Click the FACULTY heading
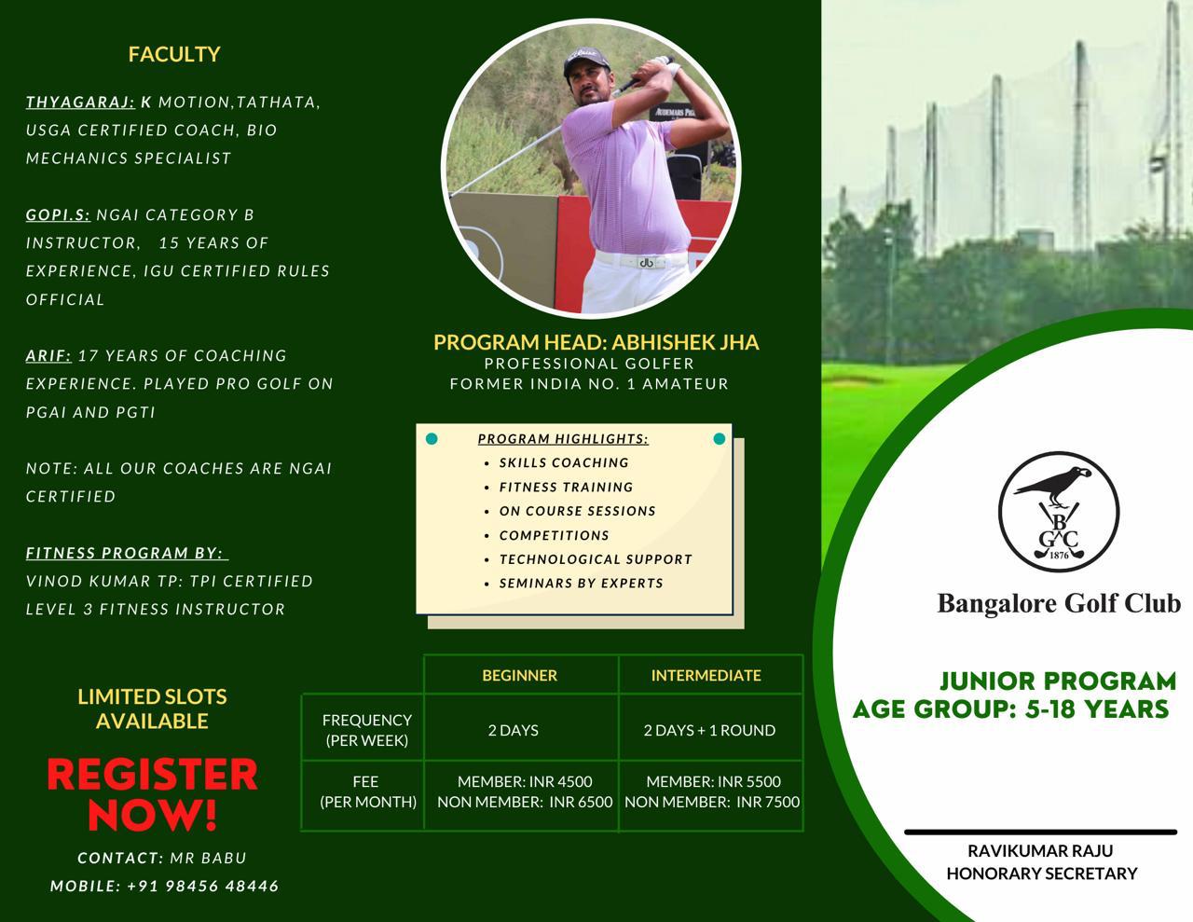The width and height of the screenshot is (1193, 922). [174, 54]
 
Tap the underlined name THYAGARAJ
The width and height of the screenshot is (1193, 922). [80, 102]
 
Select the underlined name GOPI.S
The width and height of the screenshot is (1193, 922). [58, 214]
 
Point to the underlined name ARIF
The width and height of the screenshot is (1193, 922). [48, 355]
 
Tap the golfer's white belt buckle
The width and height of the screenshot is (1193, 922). [645, 262]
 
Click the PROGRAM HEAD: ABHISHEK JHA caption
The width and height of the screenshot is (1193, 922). [596, 342]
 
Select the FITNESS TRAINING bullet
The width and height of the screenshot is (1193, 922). [566, 487]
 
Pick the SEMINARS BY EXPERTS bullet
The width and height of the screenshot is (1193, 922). [581, 583]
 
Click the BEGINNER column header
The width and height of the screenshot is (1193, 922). [519, 675]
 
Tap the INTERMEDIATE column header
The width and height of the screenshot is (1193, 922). [706, 675]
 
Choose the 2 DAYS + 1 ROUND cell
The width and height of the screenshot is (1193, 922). [709, 730]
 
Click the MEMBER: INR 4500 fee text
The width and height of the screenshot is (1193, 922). [525, 781]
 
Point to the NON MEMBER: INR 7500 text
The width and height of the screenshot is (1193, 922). [712, 802]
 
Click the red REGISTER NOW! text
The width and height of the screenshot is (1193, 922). [152, 793]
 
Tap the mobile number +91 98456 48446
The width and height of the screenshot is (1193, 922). [202, 886]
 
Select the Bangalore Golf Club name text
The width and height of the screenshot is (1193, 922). [1058, 603]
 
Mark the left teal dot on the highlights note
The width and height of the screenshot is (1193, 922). [432, 438]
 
